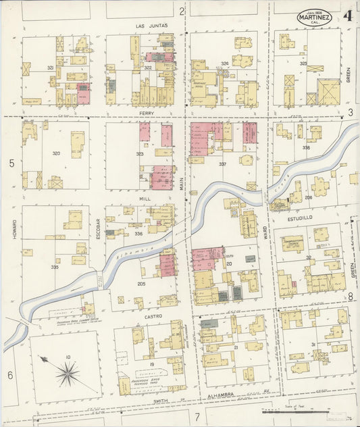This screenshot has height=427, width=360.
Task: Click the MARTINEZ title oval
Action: [x=313, y=18]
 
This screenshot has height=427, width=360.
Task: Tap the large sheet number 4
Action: [x=348, y=16]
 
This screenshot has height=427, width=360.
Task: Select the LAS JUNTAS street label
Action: [x=151, y=25]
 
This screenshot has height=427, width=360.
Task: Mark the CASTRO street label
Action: [x=153, y=316]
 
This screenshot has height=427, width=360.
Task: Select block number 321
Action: [x=50, y=68]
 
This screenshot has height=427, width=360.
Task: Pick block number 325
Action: [x=303, y=64]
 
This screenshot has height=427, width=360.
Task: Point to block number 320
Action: [x=56, y=153]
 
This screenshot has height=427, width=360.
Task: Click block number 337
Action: [x=222, y=164]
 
